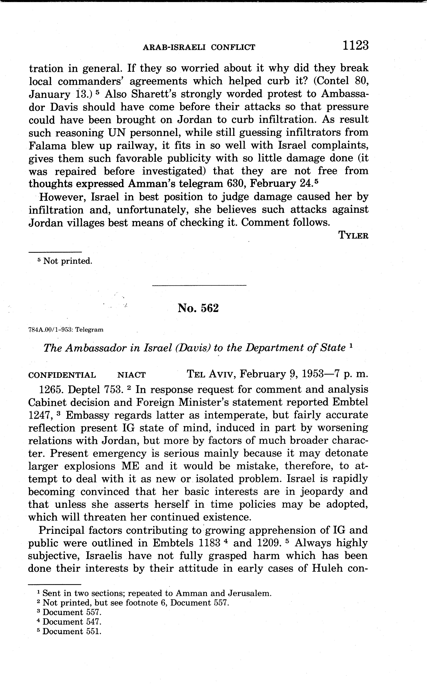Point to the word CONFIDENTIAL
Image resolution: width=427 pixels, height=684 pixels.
(62, 375)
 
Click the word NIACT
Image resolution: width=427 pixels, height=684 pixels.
(131, 375)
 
